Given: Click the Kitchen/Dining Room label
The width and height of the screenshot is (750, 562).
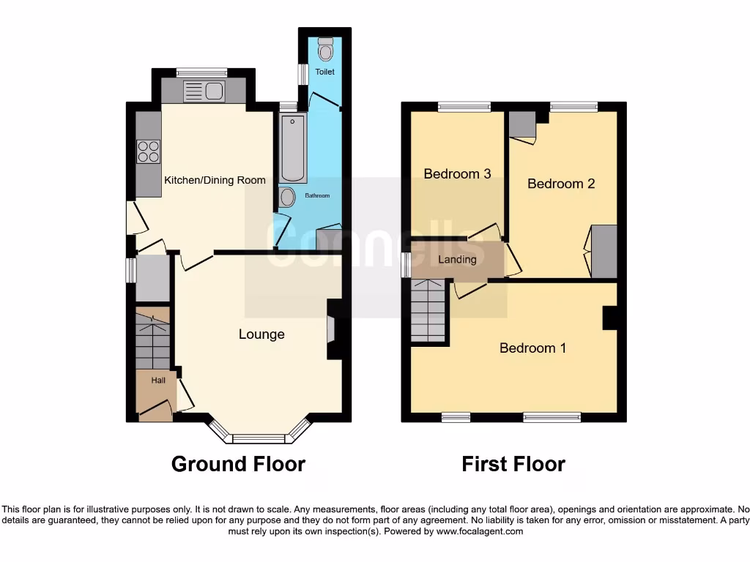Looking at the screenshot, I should click(215, 180).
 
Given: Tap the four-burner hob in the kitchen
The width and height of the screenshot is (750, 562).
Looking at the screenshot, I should click(149, 151).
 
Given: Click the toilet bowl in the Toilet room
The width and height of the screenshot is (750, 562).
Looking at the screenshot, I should click(325, 49).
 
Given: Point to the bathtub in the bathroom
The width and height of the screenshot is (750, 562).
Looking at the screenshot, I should click(293, 147).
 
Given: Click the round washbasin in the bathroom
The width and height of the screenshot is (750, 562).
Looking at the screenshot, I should click(287, 196).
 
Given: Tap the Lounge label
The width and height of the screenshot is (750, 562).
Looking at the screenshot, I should click(261, 334).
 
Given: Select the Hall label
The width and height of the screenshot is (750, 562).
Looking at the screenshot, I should click(158, 381).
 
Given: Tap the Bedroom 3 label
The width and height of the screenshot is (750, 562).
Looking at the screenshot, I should click(457, 174).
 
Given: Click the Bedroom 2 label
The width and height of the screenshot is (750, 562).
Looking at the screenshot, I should click(561, 184).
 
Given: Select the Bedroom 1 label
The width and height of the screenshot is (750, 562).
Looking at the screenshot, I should click(532, 348).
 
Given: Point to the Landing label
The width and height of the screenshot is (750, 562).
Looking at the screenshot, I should click(457, 260).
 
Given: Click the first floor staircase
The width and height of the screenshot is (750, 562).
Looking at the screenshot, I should click(427, 310).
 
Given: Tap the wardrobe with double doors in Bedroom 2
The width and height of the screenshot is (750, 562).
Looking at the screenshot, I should click(604, 252).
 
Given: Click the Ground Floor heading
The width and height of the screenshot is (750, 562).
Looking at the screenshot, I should click(238, 464).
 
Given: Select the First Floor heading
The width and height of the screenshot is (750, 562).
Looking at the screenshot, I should click(513, 464).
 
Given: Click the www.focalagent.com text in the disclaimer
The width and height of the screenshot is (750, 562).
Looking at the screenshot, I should click(480, 531).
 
